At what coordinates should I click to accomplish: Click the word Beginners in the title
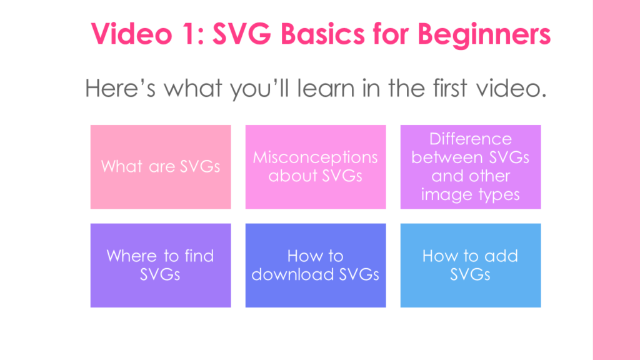click(484, 34)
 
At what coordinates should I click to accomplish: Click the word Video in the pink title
click(131, 34)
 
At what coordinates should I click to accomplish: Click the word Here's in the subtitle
click(120, 88)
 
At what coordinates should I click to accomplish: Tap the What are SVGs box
click(161, 167)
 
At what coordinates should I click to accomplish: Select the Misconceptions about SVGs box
click(316, 167)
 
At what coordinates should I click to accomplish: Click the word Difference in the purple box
click(470, 139)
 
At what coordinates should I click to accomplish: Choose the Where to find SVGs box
click(161, 265)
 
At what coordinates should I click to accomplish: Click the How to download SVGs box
click(316, 265)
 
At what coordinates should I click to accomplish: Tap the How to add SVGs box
click(471, 265)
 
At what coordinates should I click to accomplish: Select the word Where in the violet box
click(131, 256)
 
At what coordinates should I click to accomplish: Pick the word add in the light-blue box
click(501, 256)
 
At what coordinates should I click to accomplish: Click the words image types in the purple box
click(470, 195)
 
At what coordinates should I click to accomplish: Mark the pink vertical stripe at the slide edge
click(616, 180)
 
